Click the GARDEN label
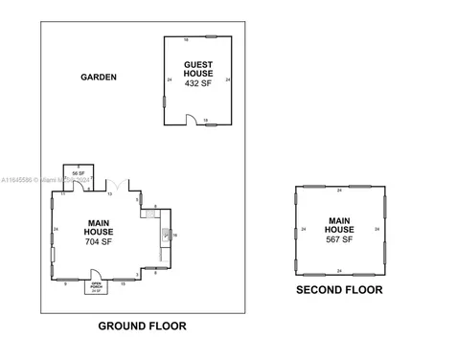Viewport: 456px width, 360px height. click(x=99, y=77)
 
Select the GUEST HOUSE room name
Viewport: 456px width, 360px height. click(x=198, y=69)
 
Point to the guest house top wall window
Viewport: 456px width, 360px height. click(x=212, y=37)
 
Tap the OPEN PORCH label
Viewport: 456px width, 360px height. click(x=96, y=285)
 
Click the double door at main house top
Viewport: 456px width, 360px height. click(x=115, y=183)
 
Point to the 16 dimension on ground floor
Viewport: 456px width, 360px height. click(x=175, y=235)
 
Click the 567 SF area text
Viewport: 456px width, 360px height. click(x=339, y=239)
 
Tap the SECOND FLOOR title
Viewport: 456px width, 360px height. click(x=339, y=290)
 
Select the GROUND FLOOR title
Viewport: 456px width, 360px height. click(x=142, y=326)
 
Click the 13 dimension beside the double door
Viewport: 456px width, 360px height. click(x=109, y=193)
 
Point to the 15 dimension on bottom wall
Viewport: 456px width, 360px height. click(x=122, y=284)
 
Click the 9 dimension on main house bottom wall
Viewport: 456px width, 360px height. click(x=64, y=284)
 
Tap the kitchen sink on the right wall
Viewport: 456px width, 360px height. click(x=148, y=215)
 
